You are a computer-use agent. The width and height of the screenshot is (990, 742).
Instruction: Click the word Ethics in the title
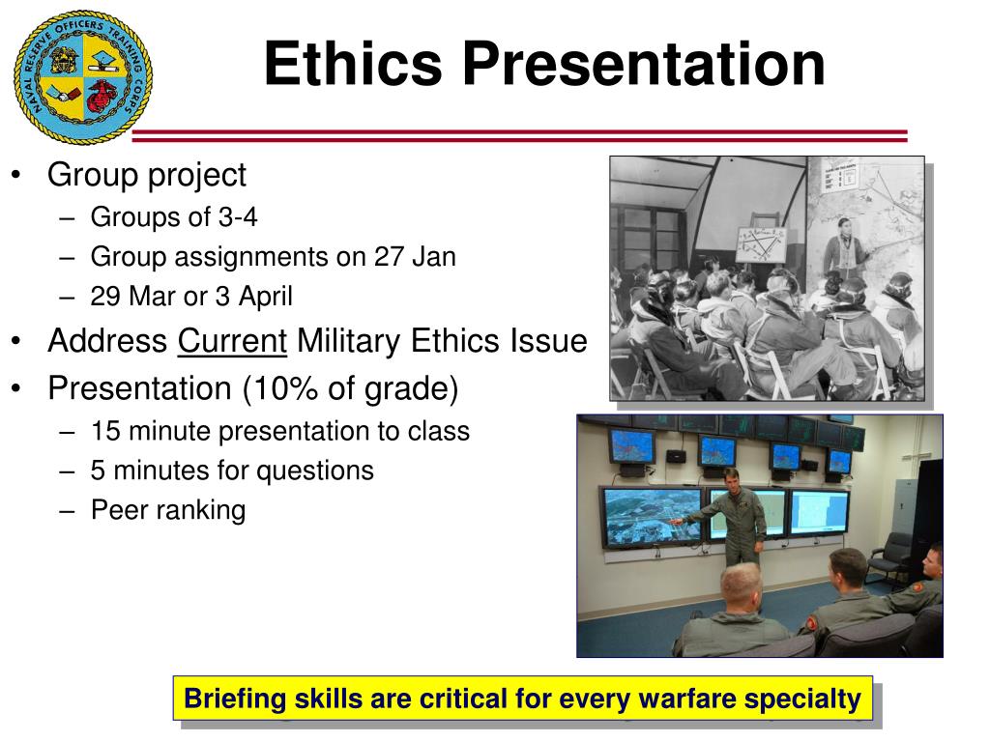[353, 64]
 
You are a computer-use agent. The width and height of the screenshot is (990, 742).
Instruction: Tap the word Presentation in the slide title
[644, 64]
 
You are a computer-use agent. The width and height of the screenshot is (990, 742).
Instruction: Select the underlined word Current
[232, 341]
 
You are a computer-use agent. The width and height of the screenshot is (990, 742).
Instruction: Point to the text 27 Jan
[415, 257]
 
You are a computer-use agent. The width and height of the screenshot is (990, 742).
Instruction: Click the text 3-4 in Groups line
[238, 217]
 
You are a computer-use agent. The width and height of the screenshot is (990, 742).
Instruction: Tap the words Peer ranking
[168, 510]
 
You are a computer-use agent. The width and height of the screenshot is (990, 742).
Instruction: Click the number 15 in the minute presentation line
[105, 432]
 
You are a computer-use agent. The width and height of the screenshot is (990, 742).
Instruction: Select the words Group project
[147, 176]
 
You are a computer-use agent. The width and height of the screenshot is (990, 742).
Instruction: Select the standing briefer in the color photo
[733, 517]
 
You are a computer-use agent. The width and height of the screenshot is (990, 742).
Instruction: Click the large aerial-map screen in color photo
[653, 517]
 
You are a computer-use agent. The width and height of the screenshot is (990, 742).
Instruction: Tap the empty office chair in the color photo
[889, 558]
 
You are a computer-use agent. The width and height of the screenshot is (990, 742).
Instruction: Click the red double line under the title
[519, 135]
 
